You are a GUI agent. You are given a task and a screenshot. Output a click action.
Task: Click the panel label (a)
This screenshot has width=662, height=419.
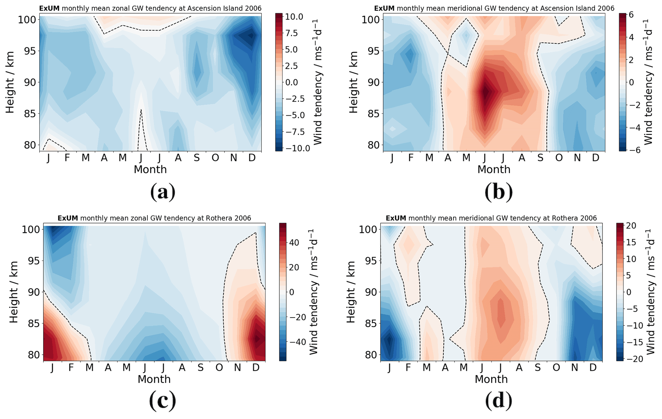[163, 192]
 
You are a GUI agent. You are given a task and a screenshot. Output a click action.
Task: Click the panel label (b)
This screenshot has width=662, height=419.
[498, 192]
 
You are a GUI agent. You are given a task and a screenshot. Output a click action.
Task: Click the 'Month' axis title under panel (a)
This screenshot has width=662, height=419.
[150, 169]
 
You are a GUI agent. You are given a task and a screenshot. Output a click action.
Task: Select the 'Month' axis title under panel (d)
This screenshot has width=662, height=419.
[491, 379]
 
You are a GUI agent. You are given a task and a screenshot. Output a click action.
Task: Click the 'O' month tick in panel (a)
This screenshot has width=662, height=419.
[215, 158]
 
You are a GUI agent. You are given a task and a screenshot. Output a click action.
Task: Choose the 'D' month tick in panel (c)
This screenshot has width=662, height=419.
[256, 367]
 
